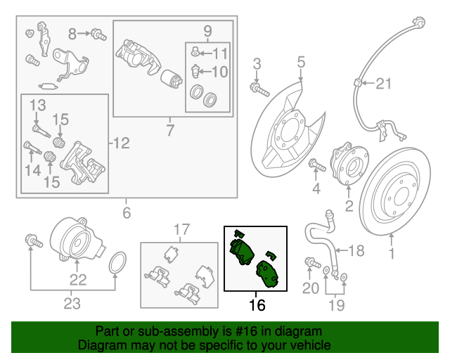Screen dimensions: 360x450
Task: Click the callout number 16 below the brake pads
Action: [257, 305]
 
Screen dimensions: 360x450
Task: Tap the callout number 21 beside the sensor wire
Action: [382, 85]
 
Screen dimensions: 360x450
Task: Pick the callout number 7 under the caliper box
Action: [169, 129]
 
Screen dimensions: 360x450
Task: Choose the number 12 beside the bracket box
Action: [121, 144]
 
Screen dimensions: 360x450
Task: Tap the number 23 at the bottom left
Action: [72, 304]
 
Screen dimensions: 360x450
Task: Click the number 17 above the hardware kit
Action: [182, 229]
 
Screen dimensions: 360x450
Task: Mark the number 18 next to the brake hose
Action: [356, 250]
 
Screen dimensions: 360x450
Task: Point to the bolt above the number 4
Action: [314, 167]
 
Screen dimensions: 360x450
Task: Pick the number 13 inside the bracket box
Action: [37, 105]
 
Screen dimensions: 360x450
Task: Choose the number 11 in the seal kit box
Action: [220, 53]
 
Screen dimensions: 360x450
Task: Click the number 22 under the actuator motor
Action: [77, 280]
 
